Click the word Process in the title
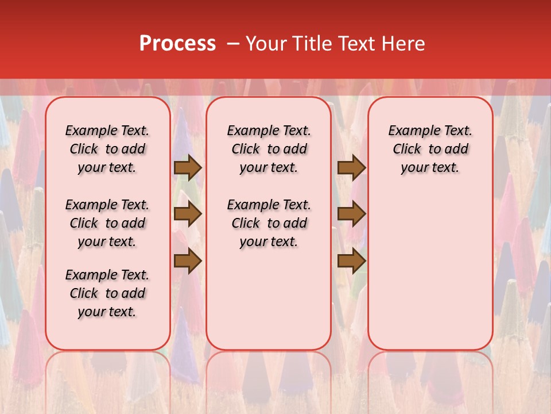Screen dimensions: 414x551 (x=177, y=44)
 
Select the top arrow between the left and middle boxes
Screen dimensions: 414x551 (x=188, y=168)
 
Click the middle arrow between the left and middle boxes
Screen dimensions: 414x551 (x=188, y=214)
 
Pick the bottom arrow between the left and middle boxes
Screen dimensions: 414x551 (x=188, y=261)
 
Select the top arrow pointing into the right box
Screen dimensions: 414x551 (x=351, y=168)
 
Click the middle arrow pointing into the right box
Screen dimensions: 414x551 (x=351, y=214)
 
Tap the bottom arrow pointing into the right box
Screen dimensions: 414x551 (x=351, y=261)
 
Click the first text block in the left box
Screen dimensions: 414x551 (x=107, y=149)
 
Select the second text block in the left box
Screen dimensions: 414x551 (x=107, y=223)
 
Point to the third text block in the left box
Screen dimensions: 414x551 (x=107, y=293)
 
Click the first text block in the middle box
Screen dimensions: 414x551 (x=269, y=149)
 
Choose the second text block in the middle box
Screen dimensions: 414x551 (x=269, y=223)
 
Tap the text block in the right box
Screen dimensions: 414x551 (x=430, y=149)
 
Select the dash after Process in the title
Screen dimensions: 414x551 (x=233, y=44)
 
